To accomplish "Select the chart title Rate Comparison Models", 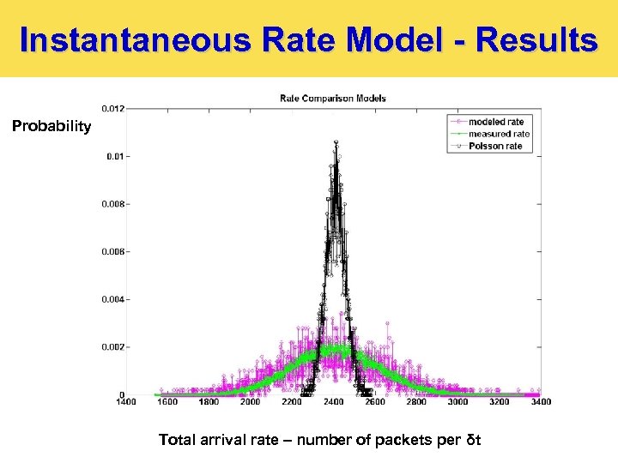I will (333, 98).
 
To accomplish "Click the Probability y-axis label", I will (51, 127).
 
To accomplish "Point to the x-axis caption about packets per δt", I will (319, 440).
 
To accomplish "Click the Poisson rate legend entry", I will (495, 146).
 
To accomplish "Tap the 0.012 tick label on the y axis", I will (112, 109).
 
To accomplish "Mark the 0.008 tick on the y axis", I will (112, 204).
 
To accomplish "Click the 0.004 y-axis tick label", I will (112, 299).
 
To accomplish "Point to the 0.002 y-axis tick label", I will (112, 347).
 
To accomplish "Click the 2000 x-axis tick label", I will (250, 401).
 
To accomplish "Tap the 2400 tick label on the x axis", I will (333, 401).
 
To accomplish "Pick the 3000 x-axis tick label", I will (457, 401).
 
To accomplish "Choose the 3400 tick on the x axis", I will (540, 401).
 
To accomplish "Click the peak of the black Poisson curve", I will (336, 141).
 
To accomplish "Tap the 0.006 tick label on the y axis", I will (112, 252).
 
